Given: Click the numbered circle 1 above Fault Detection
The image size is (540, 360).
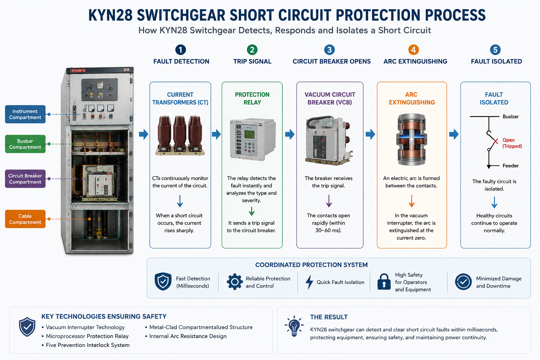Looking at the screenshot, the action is (181, 50).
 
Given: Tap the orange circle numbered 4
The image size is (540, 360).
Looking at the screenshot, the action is (413, 50).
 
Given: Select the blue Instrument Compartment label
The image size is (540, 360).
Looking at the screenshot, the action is (25, 114).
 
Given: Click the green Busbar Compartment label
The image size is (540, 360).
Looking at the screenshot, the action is (25, 144).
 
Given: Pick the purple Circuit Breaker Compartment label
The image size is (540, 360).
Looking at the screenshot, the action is (25, 179).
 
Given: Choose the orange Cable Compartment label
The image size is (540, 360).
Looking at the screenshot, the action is (25, 219).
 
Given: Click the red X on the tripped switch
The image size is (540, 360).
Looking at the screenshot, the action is (495, 141).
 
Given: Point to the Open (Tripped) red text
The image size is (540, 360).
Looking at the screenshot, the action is (512, 143).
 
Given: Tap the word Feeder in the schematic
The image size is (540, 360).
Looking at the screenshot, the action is (510, 166).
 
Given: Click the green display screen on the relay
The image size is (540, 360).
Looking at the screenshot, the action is (250, 134).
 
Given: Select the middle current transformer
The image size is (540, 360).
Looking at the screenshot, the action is (180, 134).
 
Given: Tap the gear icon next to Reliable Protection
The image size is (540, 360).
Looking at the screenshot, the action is (234, 282).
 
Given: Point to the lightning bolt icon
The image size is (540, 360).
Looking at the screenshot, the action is (309, 282).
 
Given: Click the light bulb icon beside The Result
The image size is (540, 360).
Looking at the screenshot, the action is (294, 326).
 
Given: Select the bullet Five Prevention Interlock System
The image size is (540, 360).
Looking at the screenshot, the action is (85, 345).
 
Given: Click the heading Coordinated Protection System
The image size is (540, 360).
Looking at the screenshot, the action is (311, 265).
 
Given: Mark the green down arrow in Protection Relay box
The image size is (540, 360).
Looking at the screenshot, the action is (252, 211).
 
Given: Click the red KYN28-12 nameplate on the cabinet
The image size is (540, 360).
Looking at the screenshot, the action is (79, 71).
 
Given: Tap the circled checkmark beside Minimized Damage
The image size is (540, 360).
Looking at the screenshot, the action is (463, 282).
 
